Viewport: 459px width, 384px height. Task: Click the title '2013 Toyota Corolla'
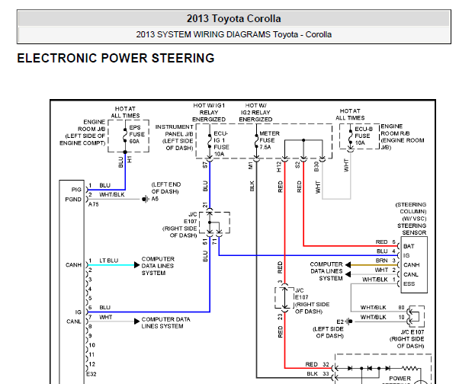pyautogui.click(x=233, y=19)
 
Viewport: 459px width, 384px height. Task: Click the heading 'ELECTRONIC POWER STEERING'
pyautogui.click(x=116, y=58)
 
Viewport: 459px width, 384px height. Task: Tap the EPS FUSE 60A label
pyautogui.click(x=137, y=135)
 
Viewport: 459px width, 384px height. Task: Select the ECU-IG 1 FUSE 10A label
pyautogui.click(x=221, y=143)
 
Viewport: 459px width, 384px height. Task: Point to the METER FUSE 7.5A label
pyautogui.click(x=269, y=140)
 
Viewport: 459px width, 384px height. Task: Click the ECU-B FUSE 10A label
pyautogui.click(x=363, y=136)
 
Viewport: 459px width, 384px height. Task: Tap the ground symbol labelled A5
pyautogui.click(x=146, y=199)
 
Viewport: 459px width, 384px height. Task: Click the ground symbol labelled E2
pyautogui.click(x=348, y=322)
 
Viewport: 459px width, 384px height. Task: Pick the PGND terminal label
pyautogui.click(x=73, y=200)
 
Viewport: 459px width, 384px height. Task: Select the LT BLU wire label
pyautogui.click(x=108, y=261)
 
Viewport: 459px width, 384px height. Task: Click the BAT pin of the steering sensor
pyautogui.click(x=409, y=246)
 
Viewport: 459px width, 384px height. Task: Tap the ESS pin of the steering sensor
pyautogui.click(x=409, y=283)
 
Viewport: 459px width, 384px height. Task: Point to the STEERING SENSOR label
pyautogui.click(x=412, y=229)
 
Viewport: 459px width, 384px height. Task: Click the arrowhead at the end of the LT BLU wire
pyautogui.click(x=137, y=265)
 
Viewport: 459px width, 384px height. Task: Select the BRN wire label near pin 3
pyautogui.click(x=381, y=261)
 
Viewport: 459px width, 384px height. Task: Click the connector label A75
pyautogui.click(x=93, y=204)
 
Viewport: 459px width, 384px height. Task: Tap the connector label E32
pyautogui.click(x=91, y=374)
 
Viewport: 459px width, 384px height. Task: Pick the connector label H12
pyautogui.click(x=279, y=167)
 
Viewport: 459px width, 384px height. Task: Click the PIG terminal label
pyautogui.click(x=76, y=190)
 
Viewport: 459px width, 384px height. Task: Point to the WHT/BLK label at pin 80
pyautogui.click(x=374, y=307)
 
